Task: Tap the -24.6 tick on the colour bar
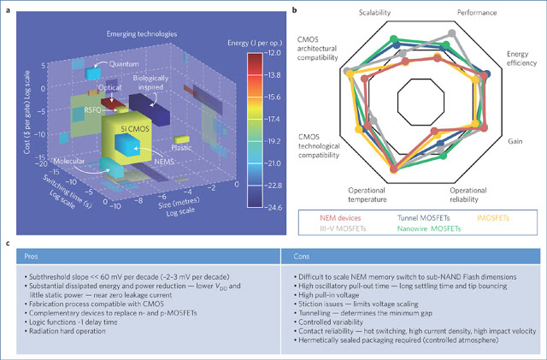[x=271, y=207]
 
